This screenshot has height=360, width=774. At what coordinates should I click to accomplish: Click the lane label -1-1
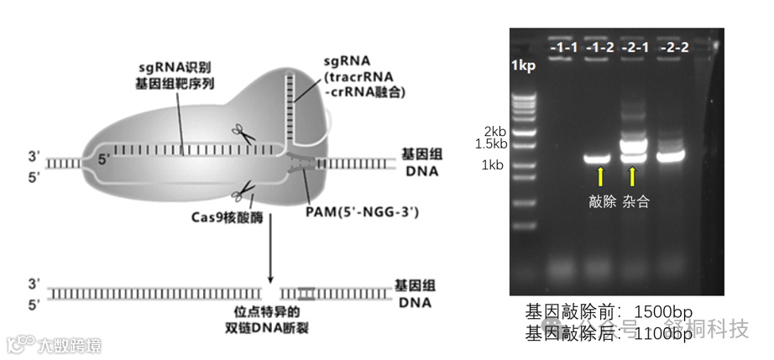(563, 48)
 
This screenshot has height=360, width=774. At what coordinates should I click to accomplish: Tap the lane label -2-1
(635, 48)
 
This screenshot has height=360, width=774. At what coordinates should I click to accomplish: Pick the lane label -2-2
(674, 48)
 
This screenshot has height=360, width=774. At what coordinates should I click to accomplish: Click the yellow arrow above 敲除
(599, 176)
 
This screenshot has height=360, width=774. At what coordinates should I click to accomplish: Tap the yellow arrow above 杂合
(633, 176)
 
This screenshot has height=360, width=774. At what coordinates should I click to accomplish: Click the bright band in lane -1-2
(598, 158)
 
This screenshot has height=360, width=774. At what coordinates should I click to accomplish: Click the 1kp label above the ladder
(523, 65)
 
